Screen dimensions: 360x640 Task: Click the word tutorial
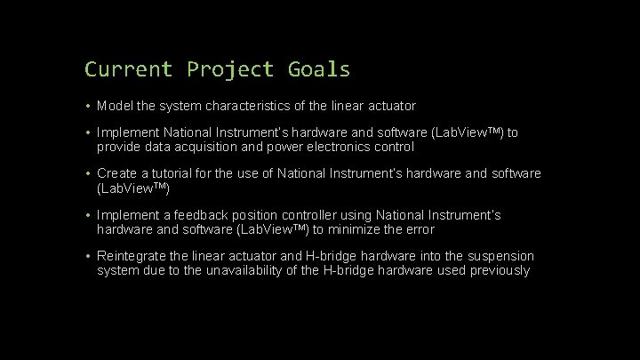[176, 173]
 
